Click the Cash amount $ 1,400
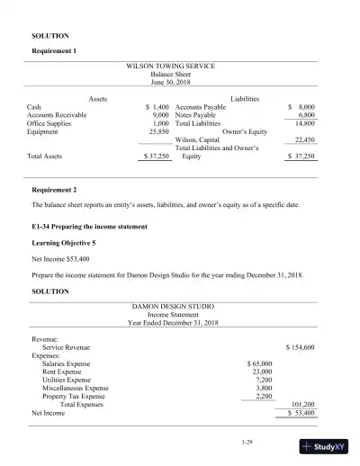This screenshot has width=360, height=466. [157, 106]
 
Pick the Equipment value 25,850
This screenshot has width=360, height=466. [158, 131]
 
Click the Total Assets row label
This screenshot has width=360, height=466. [45, 156]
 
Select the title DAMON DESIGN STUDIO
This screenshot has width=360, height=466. [177, 307]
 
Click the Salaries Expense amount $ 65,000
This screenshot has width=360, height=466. [259, 363]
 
